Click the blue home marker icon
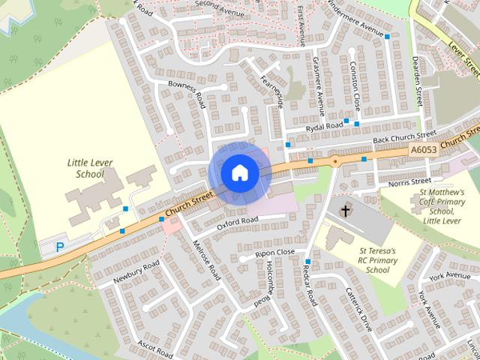pyautogui.click(x=239, y=173)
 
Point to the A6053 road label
pyautogui.click(x=424, y=150)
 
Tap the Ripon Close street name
pyautogui.click(x=274, y=253)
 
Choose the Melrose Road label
pyautogui.click(x=206, y=262)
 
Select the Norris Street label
pyautogui.click(x=409, y=181)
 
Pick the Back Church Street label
pyautogui.click(x=405, y=138)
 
